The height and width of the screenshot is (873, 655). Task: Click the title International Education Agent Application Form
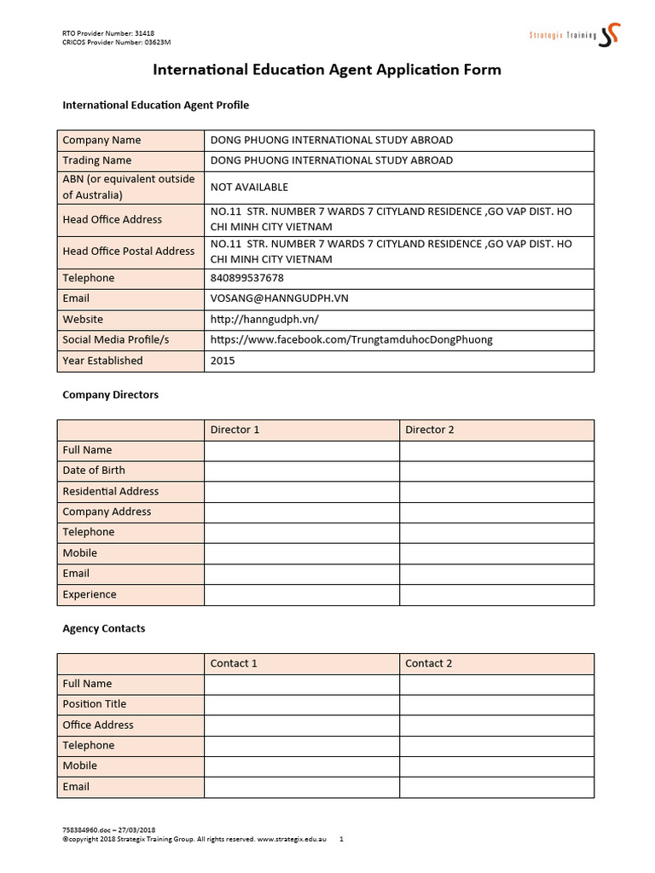coord(327,70)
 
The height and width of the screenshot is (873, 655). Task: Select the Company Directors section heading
coord(110,395)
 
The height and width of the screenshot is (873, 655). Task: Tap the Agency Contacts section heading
coord(103,628)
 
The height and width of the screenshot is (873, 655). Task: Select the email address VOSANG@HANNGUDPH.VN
coord(279,298)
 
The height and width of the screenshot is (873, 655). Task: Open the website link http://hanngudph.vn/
coord(264,319)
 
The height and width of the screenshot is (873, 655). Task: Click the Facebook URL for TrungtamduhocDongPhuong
coord(351,339)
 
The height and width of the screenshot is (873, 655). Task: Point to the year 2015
coord(223,361)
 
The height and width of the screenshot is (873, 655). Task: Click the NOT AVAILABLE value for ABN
coord(249,187)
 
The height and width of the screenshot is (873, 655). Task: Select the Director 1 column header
coord(235,430)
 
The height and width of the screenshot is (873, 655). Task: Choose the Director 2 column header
coord(430,430)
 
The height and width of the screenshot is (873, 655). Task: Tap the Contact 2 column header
coord(429,663)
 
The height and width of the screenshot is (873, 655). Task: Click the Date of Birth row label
coord(94,471)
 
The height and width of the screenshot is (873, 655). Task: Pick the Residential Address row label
coord(110,491)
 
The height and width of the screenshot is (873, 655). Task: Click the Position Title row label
coord(94,704)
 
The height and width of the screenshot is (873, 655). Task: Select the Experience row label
coord(90,594)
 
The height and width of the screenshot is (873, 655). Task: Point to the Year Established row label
coord(102,361)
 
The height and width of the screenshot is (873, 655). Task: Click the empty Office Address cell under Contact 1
coord(301,725)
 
